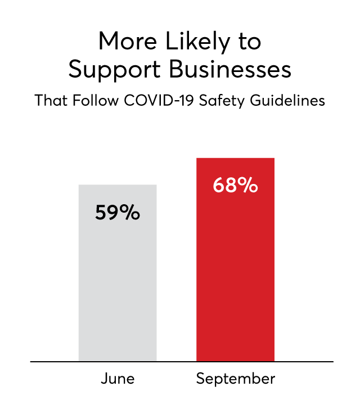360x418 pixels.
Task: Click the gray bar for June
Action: tap(118, 273)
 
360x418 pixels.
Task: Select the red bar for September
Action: tap(235, 260)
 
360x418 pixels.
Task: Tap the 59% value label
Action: tap(118, 213)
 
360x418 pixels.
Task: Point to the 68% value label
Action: tap(235, 185)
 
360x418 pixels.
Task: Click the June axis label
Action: tap(118, 379)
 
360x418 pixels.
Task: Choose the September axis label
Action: tap(236, 379)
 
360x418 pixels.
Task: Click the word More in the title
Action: tap(128, 41)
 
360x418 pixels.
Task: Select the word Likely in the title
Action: tap(197, 42)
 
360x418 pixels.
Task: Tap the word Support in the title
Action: tap(115, 70)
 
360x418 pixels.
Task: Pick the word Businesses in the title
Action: tap(230, 69)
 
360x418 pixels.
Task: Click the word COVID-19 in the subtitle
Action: tap(159, 101)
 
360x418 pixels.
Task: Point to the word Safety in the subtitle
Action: tap(222, 101)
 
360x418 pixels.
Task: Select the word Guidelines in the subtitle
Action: tap(287, 101)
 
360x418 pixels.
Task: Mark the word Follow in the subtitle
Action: tap(95, 101)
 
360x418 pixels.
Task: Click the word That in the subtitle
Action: tap(51, 101)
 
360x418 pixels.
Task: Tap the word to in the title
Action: tap(250, 42)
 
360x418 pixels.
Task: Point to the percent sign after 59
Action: tap(129, 213)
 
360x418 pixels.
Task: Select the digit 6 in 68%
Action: tap(218, 185)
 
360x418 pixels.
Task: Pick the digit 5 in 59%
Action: tap(101, 213)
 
